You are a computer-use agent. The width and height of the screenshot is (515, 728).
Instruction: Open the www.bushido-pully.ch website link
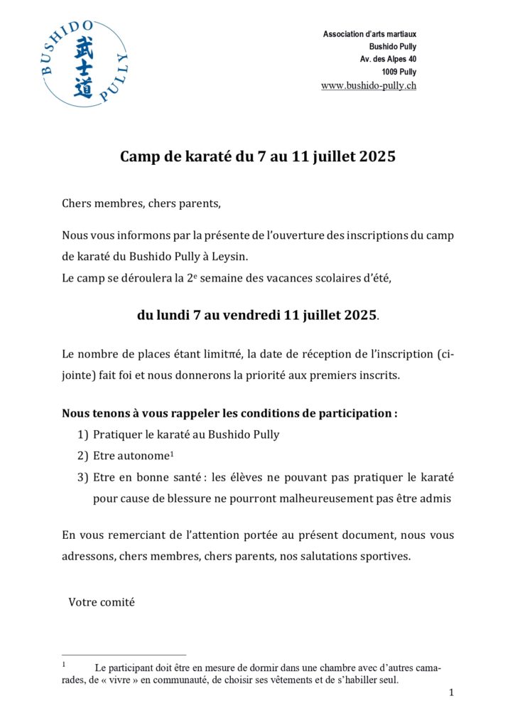pyautogui.click(x=369, y=85)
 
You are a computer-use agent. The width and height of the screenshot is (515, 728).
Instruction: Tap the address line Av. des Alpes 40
pyautogui.click(x=388, y=59)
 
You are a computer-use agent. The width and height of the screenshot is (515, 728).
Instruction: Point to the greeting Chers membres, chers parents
pyautogui.click(x=141, y=203)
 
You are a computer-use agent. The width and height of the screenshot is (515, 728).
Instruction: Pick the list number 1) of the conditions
pyautogui.click(x=82, y=434)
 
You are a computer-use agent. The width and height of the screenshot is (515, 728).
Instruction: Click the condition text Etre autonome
pyautogui.click(x=124, y=456)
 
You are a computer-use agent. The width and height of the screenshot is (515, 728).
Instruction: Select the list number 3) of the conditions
pyautogui.click(x=82, y=477)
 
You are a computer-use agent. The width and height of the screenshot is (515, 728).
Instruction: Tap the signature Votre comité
pyautogui.click(x=102, y=602)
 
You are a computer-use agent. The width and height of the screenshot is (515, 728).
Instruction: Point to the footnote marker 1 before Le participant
pyautogui.click(x=64, y=665)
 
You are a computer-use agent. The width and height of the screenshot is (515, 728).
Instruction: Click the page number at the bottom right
pyautogui.click(x=451, y=693)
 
